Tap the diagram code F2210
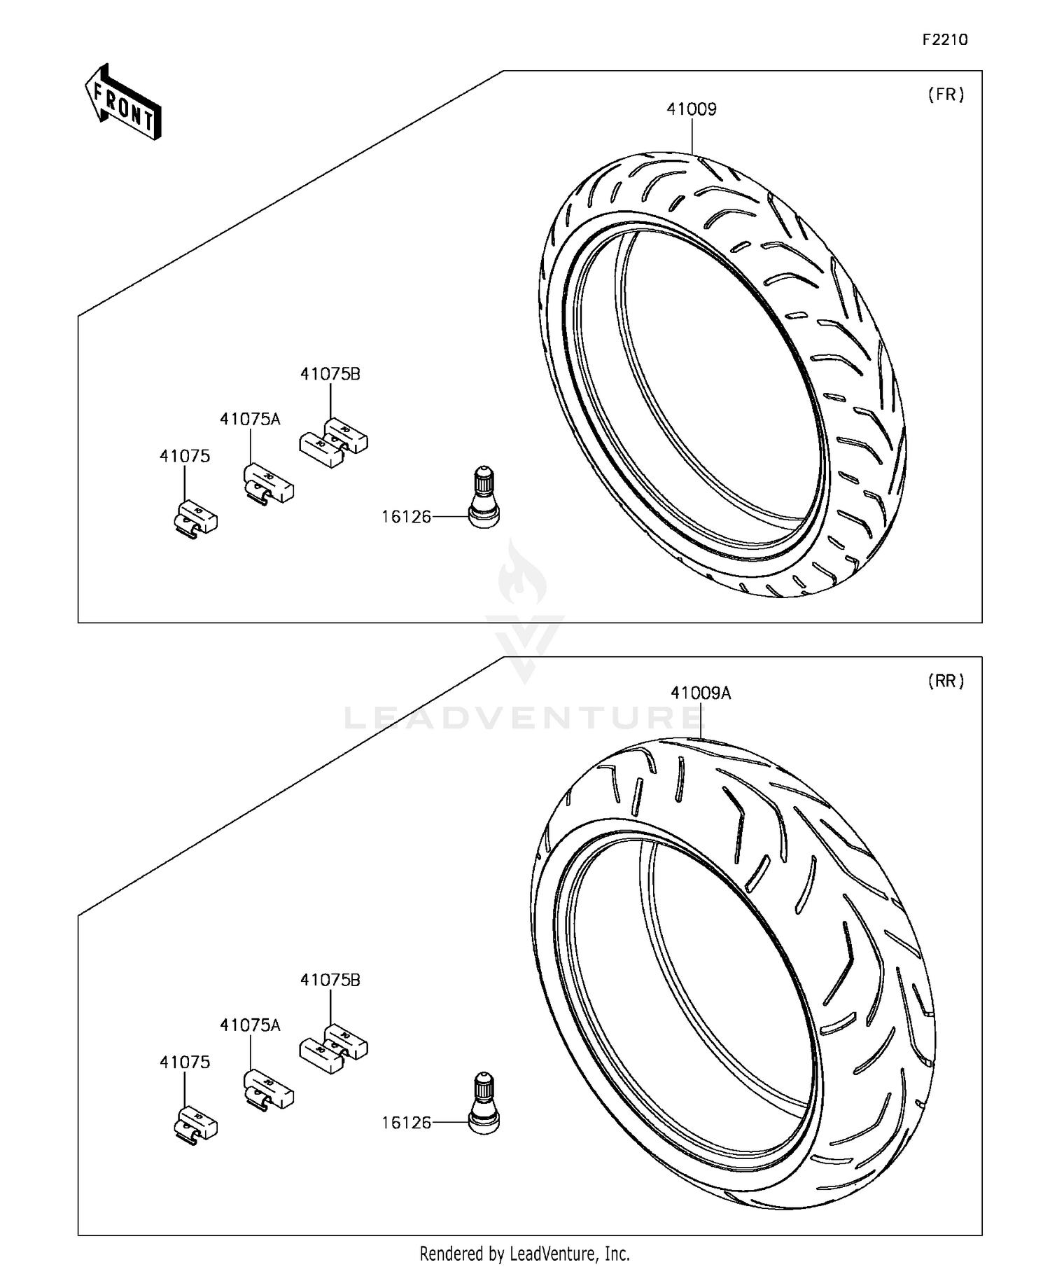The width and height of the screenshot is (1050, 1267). [944, 40]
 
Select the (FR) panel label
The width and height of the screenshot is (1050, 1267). [946, 95]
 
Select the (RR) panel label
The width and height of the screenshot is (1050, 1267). [946, 681]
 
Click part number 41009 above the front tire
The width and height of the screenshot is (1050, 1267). [691, 109]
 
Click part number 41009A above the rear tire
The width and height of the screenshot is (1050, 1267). [700, 693]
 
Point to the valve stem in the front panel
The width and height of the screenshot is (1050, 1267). [484, 497]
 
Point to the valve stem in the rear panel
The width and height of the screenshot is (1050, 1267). [484, 1103]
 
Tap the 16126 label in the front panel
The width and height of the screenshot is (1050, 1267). [406, 517]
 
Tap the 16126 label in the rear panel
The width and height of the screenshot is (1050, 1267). [406, 1123]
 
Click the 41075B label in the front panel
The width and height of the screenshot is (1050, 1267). [330, 374]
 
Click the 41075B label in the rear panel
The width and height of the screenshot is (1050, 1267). [330, 980]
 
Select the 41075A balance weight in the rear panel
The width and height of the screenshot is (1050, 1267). [268, 1089]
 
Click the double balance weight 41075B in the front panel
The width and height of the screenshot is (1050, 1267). [333, 442]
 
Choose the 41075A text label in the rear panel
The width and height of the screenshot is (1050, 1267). [250, 1025]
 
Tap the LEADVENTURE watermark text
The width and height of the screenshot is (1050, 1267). [521, 718]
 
